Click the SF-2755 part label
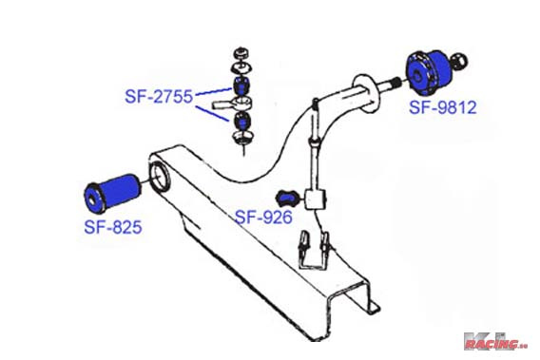tap(158, 96)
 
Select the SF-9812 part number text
tap(442, 107)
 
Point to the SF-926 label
tap(264, 218)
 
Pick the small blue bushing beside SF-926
tap(285, 197)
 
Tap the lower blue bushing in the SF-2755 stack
tap(241, 122)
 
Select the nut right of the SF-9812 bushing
tap(460, 63)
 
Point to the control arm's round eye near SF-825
tap(159, 177)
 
